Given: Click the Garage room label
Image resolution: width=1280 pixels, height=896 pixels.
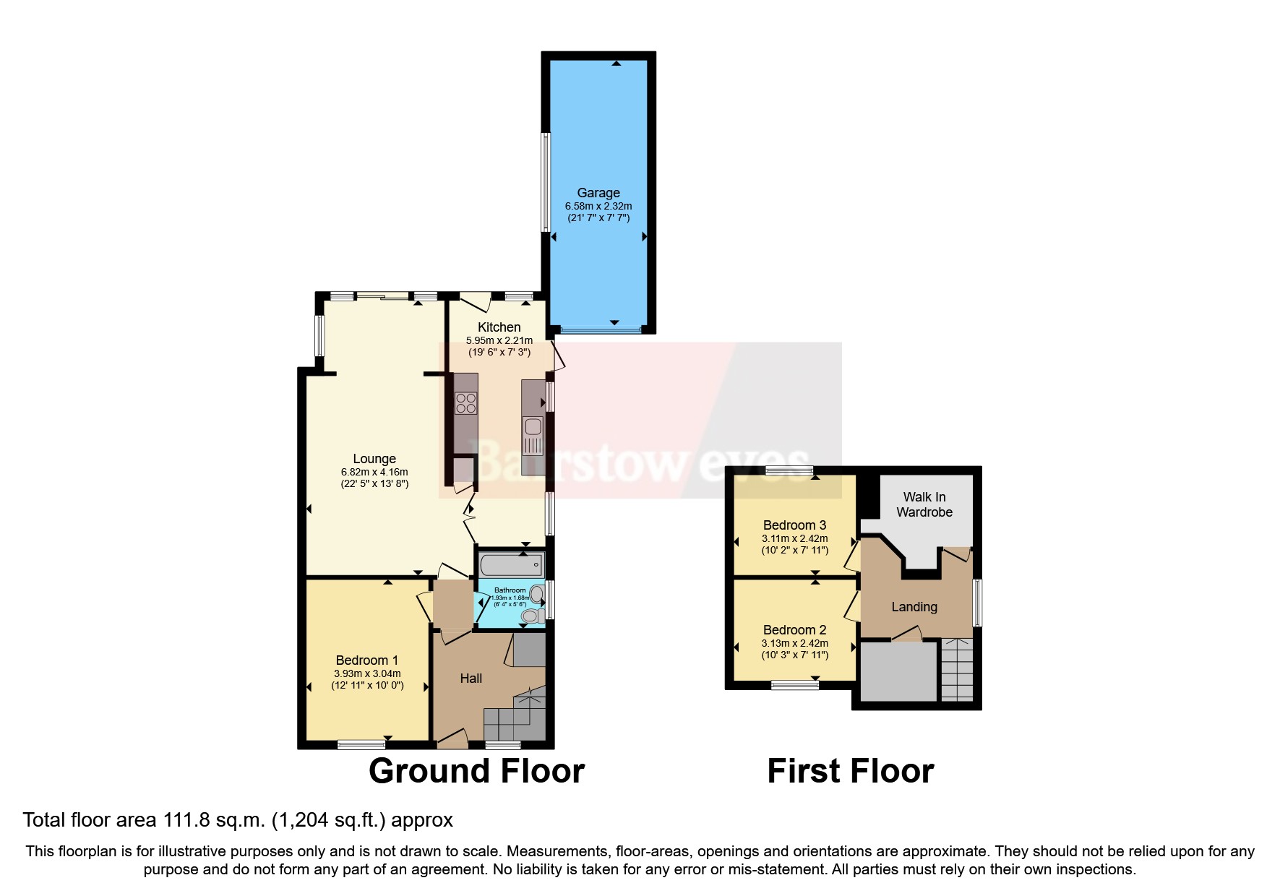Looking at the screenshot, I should [x=598, y=193].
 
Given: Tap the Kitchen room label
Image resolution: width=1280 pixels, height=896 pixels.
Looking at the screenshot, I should [x=499, y=327].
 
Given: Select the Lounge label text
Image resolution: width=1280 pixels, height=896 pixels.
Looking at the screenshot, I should [x=374, y=459].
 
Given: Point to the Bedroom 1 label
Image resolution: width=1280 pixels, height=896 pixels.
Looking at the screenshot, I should [x=366, y=660].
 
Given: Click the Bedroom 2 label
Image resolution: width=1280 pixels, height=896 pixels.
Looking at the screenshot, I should [x=794, y=630].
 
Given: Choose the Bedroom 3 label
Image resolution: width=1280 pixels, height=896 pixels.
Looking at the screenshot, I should [x=794, y=525].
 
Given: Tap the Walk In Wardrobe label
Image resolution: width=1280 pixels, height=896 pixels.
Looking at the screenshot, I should [x=924, y=504].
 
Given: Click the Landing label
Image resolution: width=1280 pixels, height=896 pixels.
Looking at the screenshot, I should [x=914, y=607].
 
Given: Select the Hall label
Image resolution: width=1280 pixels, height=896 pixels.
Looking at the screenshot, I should [x=471, y=679].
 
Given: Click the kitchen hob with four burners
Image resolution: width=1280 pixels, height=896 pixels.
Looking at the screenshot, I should [x=465, y=403].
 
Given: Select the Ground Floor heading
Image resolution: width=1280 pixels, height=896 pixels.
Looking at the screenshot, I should [x=476, y=771].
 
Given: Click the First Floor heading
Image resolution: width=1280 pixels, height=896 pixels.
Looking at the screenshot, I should [x=850, y=771].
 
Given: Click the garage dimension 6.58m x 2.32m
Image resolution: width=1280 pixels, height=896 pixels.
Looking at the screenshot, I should [x=598, y=207].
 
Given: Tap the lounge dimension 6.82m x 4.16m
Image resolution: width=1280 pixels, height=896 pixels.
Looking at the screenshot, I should [x=374, y=473].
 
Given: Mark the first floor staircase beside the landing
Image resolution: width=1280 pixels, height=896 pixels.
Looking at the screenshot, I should [x=956, y=670].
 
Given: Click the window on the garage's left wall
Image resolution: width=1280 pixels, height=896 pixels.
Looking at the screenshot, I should [x=546, y=182].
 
